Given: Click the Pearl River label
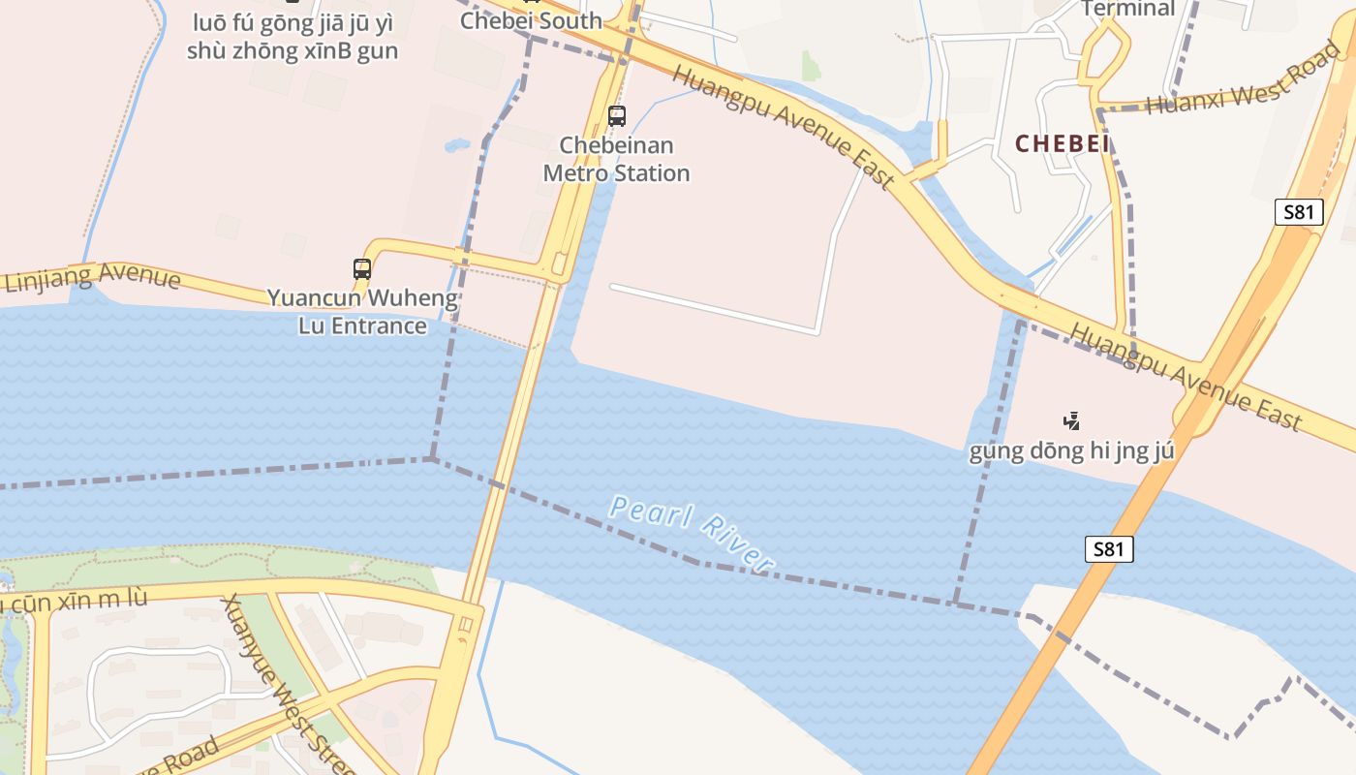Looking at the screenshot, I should [x=693, y=532].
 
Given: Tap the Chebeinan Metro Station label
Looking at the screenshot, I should [x=616, y=160].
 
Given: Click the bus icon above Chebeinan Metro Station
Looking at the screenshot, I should [x=617, y=116].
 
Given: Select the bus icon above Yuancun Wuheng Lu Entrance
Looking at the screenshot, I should [x=362, y=269].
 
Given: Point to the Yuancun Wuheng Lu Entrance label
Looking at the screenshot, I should [x=362, y=311].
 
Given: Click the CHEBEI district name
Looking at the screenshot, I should [x=1062, y=144].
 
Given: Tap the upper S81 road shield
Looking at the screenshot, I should [x=1298, y=212].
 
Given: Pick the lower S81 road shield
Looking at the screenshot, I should [x=1108, y=549].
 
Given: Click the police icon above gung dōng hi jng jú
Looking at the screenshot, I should [x=1071, y=420].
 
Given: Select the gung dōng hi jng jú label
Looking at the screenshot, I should [x=1071, y=450].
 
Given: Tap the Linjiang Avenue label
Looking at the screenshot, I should [x=93, y=278].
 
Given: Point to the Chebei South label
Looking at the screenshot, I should [x=531, y=20].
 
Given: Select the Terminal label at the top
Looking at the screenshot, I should [x=1127, y=9].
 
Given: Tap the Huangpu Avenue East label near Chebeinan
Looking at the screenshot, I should [x=783, y=127].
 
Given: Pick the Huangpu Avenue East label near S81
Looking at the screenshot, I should [x=1186, y=376].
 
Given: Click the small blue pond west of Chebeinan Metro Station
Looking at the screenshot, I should [x=456, y=146].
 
